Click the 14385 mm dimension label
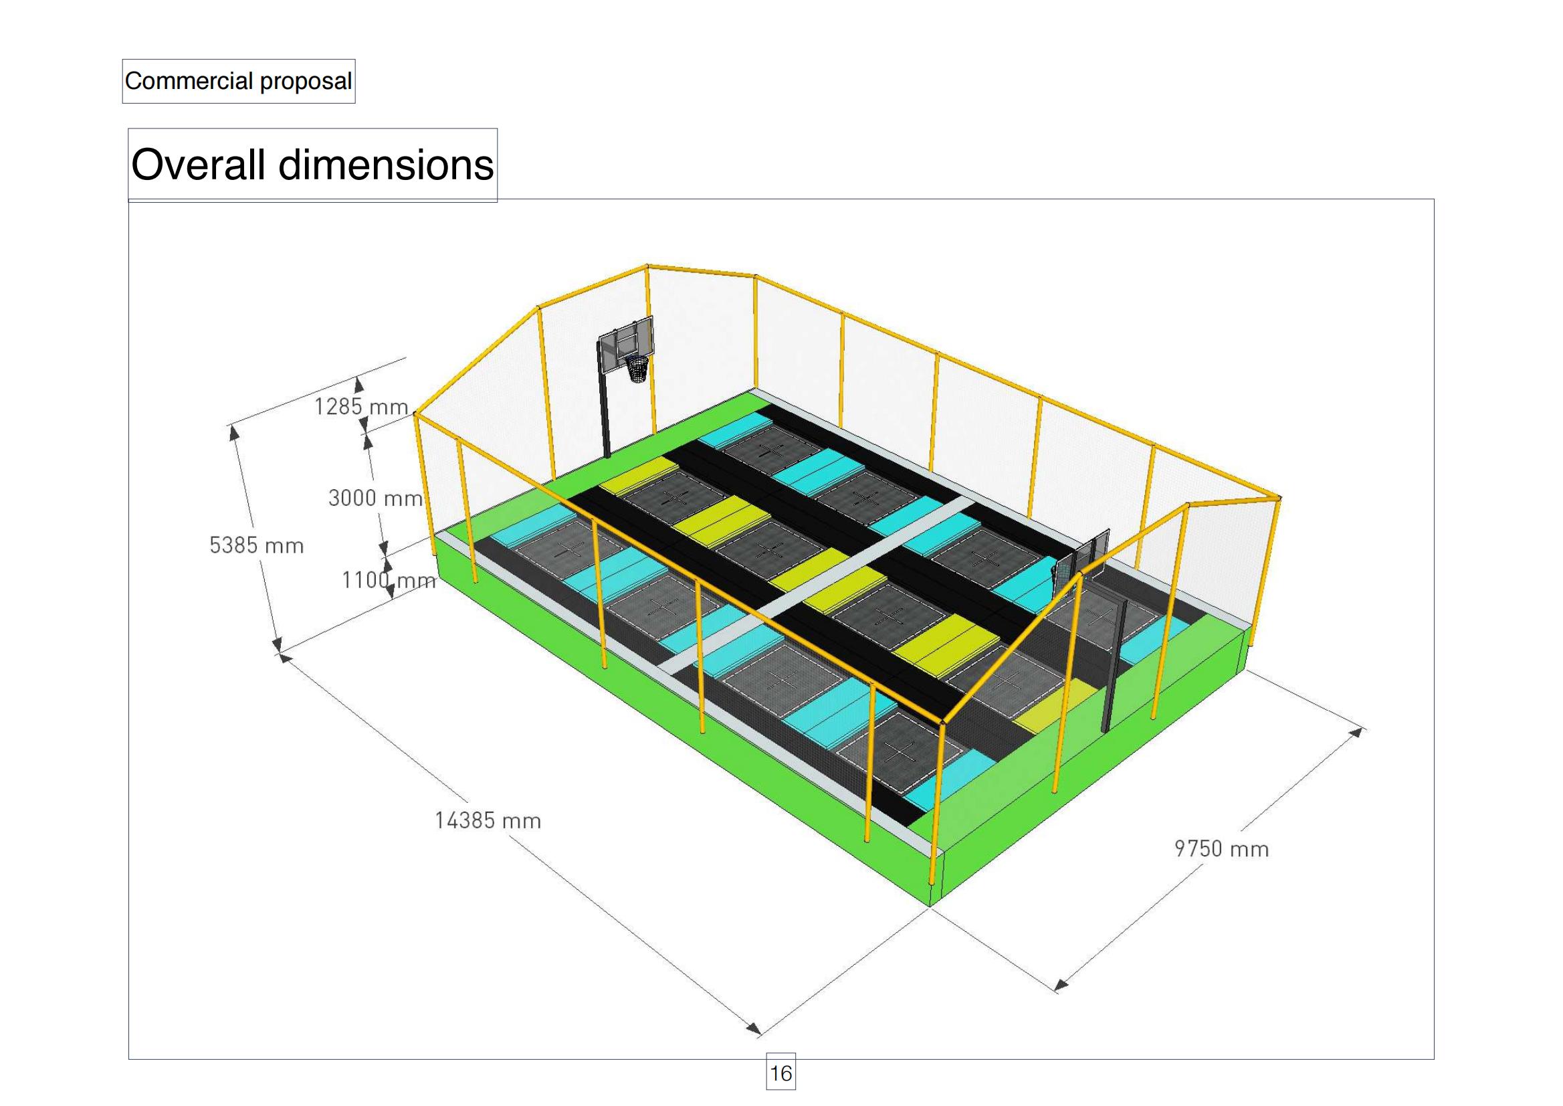tap(488, 820)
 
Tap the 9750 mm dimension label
tap(1222, 848)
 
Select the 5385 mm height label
tap(256, 545)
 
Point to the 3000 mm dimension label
tap(376, 498)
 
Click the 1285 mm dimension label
tap(360, 407)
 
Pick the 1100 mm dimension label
tap(389, 579)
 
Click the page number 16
tap(780, 1073)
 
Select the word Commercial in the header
tap(189, 81)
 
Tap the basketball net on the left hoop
tap(637, 369)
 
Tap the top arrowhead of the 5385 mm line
tap(234, 432)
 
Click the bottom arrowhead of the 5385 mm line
tap(276, 644)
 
